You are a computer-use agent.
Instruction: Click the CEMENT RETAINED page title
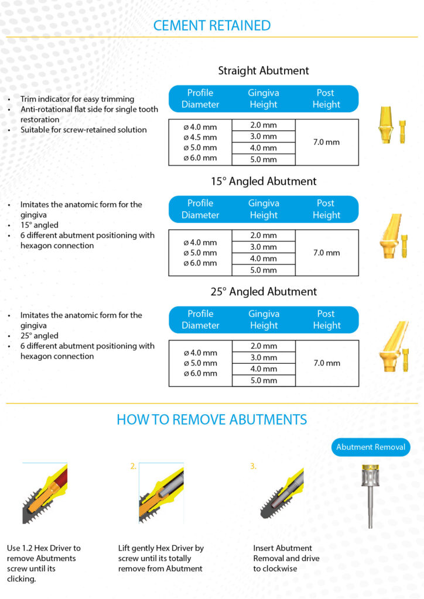211,25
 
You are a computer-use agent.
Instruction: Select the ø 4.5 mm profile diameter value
200,137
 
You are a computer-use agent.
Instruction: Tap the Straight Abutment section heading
264,71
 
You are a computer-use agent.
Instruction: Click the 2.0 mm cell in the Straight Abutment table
264,125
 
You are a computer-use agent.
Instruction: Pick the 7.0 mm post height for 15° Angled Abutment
326,253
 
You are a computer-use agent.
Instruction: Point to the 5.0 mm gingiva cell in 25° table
264,381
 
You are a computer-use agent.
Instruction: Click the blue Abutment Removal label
370,447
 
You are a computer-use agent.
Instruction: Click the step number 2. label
134,466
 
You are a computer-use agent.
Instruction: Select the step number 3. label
253,466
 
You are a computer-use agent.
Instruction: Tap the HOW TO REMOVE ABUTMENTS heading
211,419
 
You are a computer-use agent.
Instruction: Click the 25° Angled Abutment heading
264,291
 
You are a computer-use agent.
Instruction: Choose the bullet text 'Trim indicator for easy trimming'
77,99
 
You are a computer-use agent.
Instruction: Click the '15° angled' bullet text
39,225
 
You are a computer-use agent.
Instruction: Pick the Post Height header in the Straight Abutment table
326,98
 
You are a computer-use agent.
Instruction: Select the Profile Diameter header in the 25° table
200,319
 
